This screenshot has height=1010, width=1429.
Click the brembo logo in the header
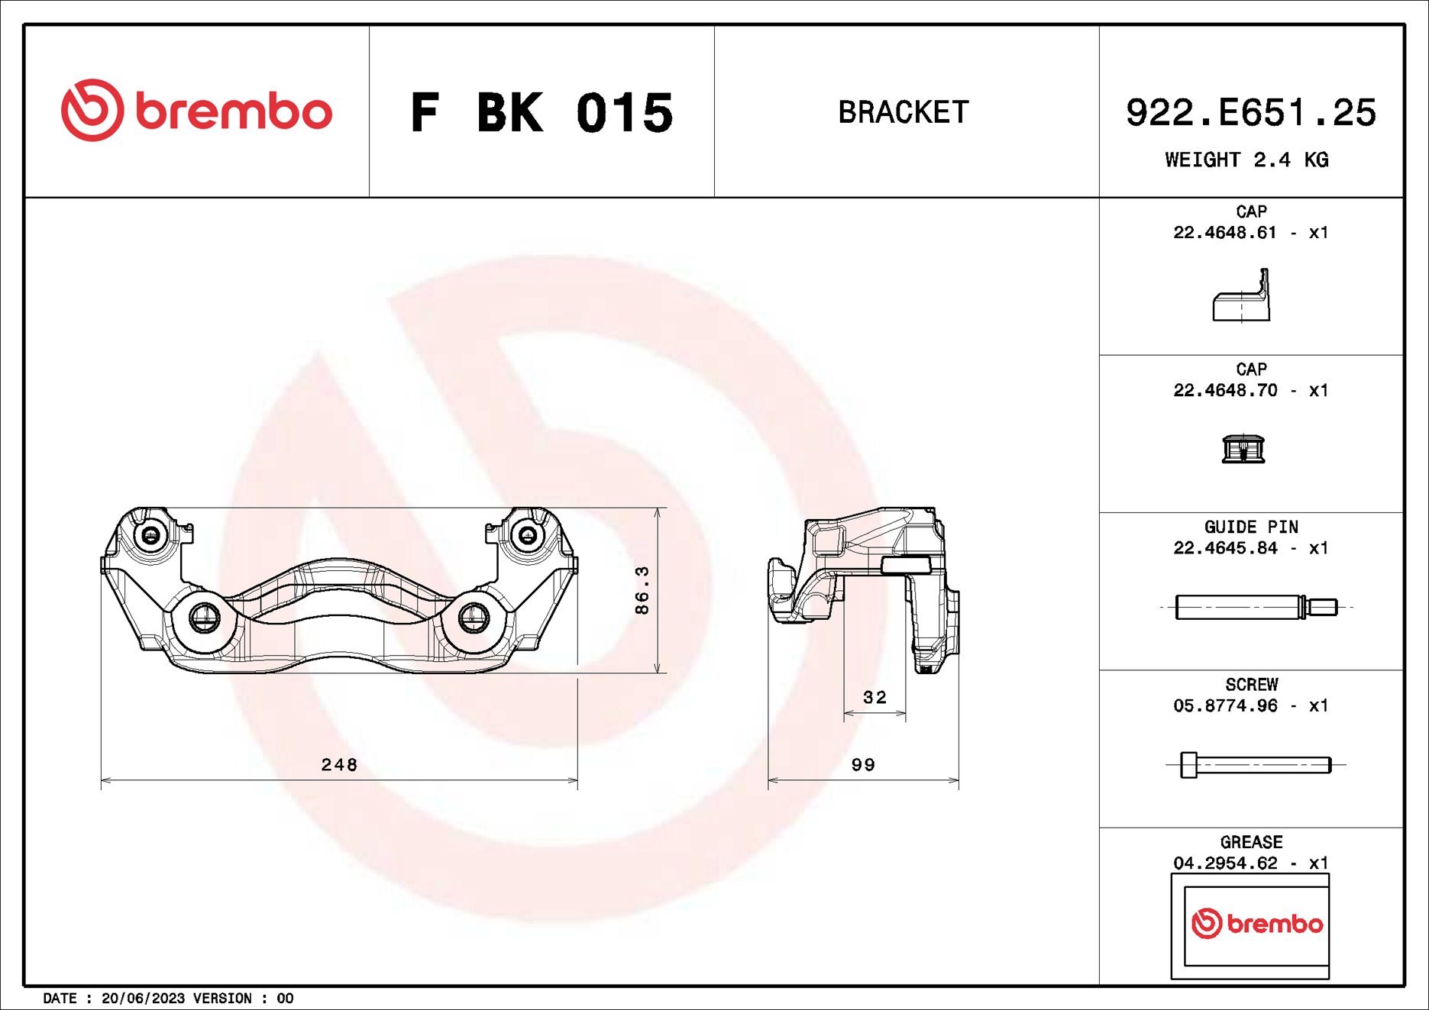(196, 111)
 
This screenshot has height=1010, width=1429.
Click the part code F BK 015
(542, 113)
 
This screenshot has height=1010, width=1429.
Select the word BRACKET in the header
(904, 112)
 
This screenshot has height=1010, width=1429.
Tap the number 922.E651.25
(1250, 113)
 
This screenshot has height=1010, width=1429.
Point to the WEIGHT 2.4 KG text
(1246, 160)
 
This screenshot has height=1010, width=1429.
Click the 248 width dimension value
(339, 764)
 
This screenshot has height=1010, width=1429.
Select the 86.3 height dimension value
(642, 589)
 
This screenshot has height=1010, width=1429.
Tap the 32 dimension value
(875, 697)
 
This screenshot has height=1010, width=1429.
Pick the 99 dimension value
(863, 764)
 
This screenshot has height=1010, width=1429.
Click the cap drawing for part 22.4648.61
(1242, 298)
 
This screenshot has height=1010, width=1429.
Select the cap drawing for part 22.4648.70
(1243, 449)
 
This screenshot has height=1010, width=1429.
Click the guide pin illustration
(1255, 607)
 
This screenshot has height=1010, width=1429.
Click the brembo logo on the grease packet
(1256, 924)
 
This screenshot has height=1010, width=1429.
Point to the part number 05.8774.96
(1225, 705)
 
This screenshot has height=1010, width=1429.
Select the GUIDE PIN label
(1250, 527)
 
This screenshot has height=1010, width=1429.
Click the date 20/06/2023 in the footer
(143, 998)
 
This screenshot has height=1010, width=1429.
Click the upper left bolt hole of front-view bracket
(150, 534)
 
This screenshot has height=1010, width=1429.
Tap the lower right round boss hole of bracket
(474, 616)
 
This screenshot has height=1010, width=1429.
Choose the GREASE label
(1250, 842)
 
